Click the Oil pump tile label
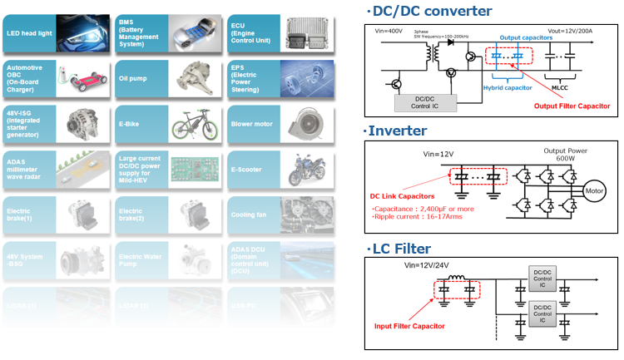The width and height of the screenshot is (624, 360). pyautogui.click(x=136, y=79)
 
